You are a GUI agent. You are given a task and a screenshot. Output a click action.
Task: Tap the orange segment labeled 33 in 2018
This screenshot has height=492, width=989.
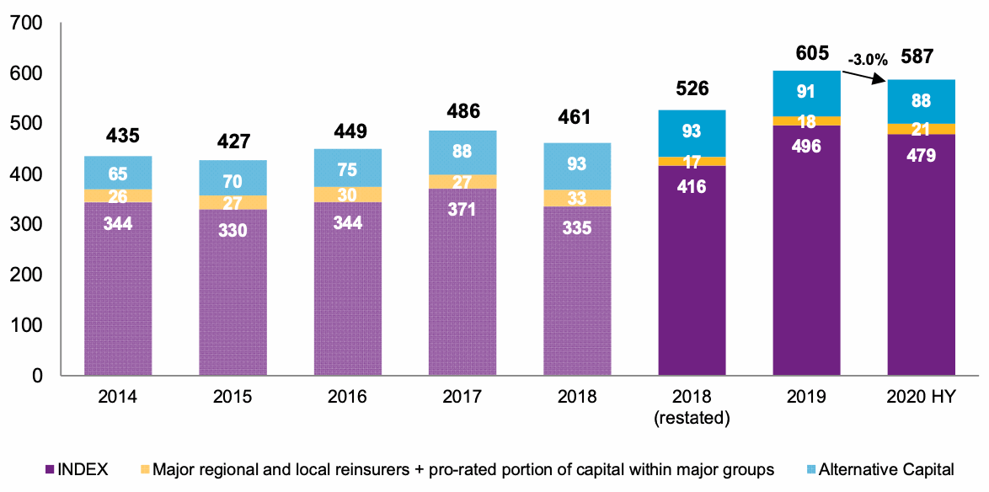(577, 198)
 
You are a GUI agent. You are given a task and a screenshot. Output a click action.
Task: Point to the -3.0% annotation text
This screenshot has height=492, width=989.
(868, 60)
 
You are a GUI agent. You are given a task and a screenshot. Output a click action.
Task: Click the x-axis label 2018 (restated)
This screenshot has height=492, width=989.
(692, 406)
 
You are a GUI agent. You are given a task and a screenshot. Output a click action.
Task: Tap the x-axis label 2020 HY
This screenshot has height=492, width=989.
(921, 397)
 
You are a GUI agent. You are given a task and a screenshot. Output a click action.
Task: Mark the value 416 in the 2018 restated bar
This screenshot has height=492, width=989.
(692, 186)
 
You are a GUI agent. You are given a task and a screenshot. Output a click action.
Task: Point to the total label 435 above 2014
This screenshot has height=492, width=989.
(118, 136)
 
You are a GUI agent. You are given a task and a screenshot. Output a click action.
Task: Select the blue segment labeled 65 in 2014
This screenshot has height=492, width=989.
(118, 173)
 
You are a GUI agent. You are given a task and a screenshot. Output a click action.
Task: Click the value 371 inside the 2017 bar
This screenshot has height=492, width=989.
(462, 209)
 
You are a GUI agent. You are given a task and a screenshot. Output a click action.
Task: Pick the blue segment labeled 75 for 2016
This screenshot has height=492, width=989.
(348, 168)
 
